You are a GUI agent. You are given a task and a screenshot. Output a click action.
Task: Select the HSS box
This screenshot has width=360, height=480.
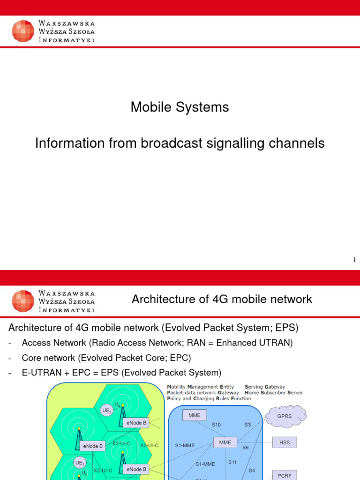(285, 442)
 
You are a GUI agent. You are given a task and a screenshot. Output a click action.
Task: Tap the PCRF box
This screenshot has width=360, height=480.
(285, 475)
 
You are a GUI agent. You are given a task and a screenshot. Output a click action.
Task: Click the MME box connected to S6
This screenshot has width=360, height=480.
(225, 442)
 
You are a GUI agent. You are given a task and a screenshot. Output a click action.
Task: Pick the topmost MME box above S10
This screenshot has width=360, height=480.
(195, 415)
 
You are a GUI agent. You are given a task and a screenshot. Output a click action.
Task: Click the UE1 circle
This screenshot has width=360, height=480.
(79, 462)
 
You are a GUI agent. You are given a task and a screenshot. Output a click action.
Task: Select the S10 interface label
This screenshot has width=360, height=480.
(216, 425)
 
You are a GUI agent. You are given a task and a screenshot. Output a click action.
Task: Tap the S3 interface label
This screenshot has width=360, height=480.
(247, 425)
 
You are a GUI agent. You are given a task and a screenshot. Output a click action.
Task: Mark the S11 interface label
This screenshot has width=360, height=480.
(232, 462)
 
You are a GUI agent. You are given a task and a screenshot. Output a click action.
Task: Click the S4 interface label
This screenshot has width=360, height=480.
(252, 470)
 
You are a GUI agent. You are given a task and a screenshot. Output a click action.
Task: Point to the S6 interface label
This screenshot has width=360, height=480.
(246, 448)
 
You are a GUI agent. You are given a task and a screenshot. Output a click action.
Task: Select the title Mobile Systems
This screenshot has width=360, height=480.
(180, 107)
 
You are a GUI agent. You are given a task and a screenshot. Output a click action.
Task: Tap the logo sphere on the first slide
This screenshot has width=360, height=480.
(23, 31)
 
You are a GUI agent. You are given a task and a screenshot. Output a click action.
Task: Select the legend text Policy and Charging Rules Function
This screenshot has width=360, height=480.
(209, 398)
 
